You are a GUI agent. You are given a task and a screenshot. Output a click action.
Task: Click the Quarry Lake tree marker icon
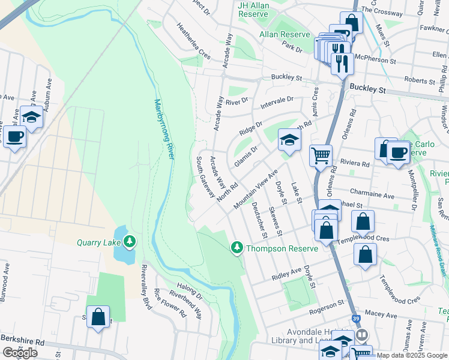tap(129, 242)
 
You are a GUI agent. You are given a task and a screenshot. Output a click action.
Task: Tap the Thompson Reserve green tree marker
tap(237, 248)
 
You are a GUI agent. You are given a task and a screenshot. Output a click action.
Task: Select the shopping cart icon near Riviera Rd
tap(321, 155)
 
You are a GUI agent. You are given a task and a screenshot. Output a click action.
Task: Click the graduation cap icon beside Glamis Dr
tap(289, 140)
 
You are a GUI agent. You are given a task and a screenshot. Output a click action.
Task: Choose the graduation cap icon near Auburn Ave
tap(31, 116)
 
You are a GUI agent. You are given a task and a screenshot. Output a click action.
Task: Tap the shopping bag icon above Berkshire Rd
tap(98, 316)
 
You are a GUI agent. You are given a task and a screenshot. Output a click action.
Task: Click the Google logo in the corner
tap(20, 353)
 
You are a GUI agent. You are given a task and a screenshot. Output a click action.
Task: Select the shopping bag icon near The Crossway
tap(351, 23)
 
